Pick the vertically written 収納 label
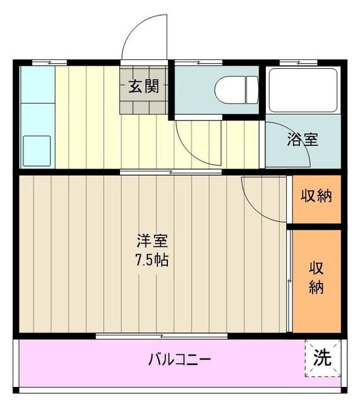pyautogui.click(x=316, y=277)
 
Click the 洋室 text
pyautogui.click(x=153, y=241)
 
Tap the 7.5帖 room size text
pyautogui.click(x=153, y=260)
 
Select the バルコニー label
pyautogui.click(x=179, y=360)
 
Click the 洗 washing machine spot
pyautogui.click(x=323, y=358)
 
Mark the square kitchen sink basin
pyautogui.click(x=37, y=150)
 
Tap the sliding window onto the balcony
pyautogui.click(x=162, y=335)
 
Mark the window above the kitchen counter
pyautogui.click(x=49, y=62)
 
